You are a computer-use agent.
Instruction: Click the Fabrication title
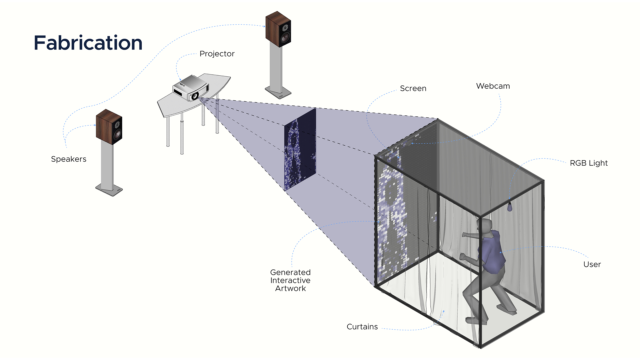coord(88,43)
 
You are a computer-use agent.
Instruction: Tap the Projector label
coord(217,54)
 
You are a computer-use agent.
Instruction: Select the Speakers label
coord(69,159)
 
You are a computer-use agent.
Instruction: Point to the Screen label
coord(413,89)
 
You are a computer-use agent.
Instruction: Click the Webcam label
coord(493,86)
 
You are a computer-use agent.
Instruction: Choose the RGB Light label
coord(589,163)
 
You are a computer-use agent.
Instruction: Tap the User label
coord(592,265)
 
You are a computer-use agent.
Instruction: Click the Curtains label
coord(362,327)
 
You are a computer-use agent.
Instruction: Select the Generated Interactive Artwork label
coord(290,281)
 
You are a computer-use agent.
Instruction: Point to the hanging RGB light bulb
coord(509,207)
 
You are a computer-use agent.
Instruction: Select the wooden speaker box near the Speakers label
coord(109,126)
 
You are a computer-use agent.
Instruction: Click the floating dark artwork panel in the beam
coord(300,149)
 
